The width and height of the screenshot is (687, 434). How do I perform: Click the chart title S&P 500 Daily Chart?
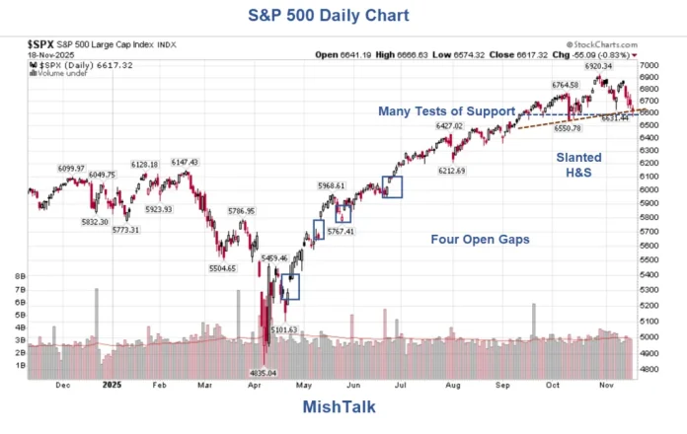(342, 16)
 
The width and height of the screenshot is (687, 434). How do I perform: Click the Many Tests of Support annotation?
(447, 110)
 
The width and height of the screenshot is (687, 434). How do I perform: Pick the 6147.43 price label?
(185, 162)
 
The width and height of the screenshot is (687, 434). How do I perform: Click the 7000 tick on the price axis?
(649, 64)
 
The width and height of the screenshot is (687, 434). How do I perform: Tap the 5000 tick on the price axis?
(649, 336)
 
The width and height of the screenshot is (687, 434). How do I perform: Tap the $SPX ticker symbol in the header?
(40, 44)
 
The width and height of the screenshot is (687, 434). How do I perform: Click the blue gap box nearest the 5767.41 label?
(343, 213)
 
